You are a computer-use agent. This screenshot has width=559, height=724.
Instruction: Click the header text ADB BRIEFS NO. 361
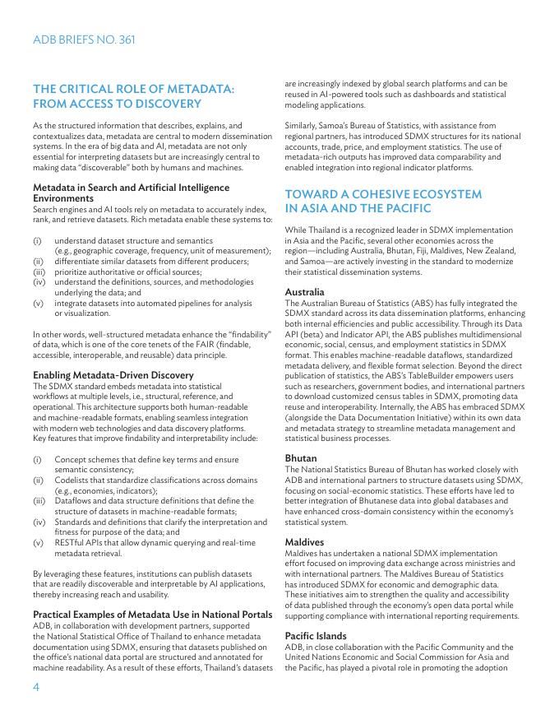point(84,39)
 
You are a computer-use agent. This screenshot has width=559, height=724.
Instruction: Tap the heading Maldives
point(304,542)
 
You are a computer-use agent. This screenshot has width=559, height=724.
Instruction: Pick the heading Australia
point(304,292)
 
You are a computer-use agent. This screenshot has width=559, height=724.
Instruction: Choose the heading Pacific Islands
point(316,636)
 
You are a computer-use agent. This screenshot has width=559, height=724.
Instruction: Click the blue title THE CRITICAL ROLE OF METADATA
point(133,89)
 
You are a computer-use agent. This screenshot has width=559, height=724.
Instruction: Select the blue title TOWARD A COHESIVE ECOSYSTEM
point(383,194)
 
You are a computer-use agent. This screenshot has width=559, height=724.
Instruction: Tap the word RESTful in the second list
point(72,543)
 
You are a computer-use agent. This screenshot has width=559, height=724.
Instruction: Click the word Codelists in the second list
point(74,480)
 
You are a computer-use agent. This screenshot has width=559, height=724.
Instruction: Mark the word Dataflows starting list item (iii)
point(76,500)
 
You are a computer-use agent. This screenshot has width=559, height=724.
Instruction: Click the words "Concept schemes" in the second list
point(86,459)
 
